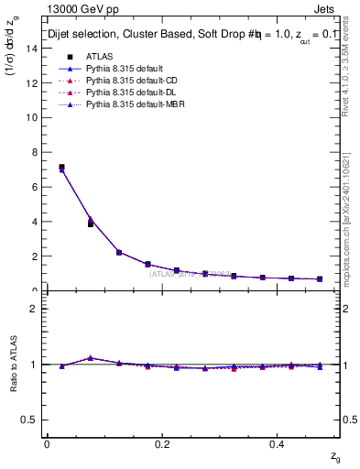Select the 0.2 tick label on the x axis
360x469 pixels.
[162, 443]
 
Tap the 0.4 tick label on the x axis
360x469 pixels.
[279, 443]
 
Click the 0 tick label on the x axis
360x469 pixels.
[47, 443]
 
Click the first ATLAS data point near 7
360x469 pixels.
[61, 168]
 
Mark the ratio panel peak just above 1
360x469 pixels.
[90, 357]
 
